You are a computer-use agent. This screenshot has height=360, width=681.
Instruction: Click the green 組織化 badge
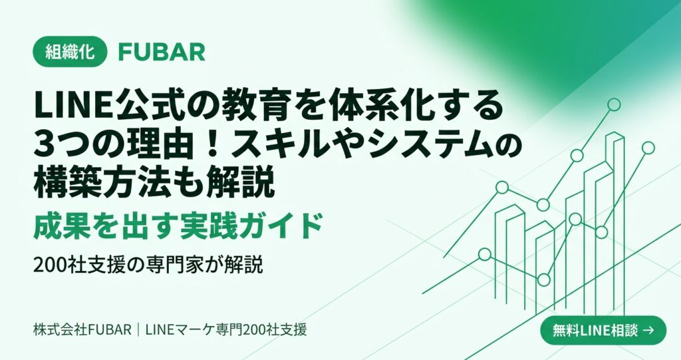click(70, 52)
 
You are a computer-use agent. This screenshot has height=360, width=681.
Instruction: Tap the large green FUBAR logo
click(162, 52)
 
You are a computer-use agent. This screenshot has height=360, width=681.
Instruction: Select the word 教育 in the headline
click(248, 107)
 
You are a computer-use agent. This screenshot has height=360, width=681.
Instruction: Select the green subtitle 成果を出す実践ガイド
click(178, 226)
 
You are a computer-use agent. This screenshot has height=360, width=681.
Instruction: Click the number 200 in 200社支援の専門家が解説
click(51, 266)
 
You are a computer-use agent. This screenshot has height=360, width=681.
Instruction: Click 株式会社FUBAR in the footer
click(82, 329)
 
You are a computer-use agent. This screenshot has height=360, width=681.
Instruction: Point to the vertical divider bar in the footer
click(138, 329)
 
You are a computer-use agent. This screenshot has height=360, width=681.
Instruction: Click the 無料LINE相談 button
click(603, 331)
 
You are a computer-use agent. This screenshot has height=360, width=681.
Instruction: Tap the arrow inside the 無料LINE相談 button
click(648, 331)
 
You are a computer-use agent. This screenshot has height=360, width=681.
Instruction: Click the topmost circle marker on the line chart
click(614, 104)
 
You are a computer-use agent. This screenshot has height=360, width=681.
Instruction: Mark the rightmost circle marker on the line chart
click(648, 148)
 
